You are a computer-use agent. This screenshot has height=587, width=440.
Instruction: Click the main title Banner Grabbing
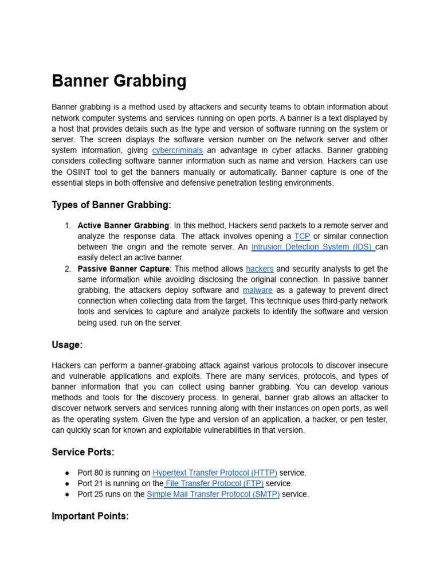tap(119, 81)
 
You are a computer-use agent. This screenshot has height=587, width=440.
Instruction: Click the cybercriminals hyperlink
tap(177, 151)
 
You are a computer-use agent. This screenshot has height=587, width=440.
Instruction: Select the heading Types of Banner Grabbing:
tap(111, 205)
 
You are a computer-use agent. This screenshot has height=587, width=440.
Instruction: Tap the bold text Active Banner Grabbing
tap(123, 225)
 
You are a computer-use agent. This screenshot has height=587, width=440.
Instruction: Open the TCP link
tap(301, 236)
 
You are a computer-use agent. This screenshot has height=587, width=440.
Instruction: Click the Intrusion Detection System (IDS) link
tap(312, 247)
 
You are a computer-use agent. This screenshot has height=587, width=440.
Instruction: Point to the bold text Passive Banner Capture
tap(123, 269)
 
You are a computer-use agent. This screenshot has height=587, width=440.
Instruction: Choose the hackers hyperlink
tap(260, 269)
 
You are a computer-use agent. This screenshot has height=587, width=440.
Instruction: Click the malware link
tap(257, 290)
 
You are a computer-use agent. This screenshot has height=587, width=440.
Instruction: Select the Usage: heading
tap(67, 345)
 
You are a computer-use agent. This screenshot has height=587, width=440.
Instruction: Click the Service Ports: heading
tap(83, 452)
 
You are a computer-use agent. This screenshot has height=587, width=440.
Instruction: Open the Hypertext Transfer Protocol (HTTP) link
tap(215, 473)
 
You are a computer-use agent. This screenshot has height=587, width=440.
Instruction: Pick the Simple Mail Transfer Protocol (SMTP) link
tap(213, 494)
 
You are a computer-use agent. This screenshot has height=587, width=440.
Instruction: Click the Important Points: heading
tap(90, 516)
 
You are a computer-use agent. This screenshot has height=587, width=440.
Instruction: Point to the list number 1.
tap(68, 225)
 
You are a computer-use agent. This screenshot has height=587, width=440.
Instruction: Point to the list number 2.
tap(68, 269)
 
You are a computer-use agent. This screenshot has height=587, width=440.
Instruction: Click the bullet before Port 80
tap(68, 473)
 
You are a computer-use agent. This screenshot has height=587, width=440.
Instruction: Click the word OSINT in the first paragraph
tap(78, 172)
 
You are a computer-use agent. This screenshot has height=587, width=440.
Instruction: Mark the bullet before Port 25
tap(68, 494)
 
